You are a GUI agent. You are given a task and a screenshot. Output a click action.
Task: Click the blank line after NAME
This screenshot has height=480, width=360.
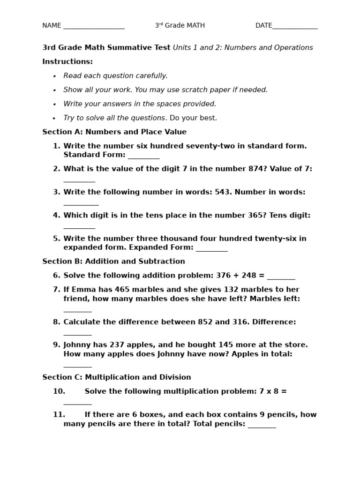94,27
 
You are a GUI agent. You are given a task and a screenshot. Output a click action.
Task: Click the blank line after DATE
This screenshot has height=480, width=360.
295,27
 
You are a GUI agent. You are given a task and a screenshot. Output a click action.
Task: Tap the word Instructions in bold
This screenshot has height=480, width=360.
67,61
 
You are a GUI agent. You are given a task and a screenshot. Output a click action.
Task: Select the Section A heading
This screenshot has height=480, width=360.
114,132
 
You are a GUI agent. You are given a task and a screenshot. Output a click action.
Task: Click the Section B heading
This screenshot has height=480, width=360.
113,261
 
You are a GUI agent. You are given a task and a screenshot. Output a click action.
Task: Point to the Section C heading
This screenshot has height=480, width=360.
117,377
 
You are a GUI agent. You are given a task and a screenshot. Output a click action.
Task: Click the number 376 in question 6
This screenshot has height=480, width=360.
224,275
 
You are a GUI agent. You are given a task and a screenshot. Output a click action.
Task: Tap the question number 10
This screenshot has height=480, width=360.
59,391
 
